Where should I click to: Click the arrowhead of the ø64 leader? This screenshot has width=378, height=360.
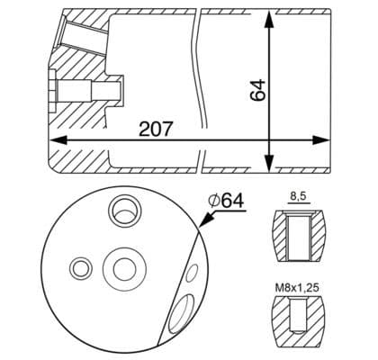[201, 232]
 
